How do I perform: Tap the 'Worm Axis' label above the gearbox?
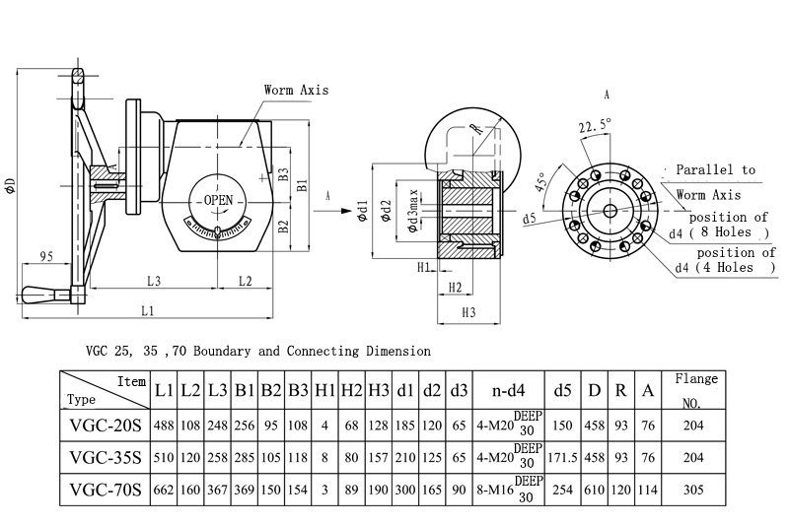click(296, 90)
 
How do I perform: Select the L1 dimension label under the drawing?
click(147, 311)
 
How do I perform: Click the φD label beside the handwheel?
click(10, 186)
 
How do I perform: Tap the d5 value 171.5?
click(562, 457)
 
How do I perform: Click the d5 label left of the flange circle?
click(530, 219)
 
